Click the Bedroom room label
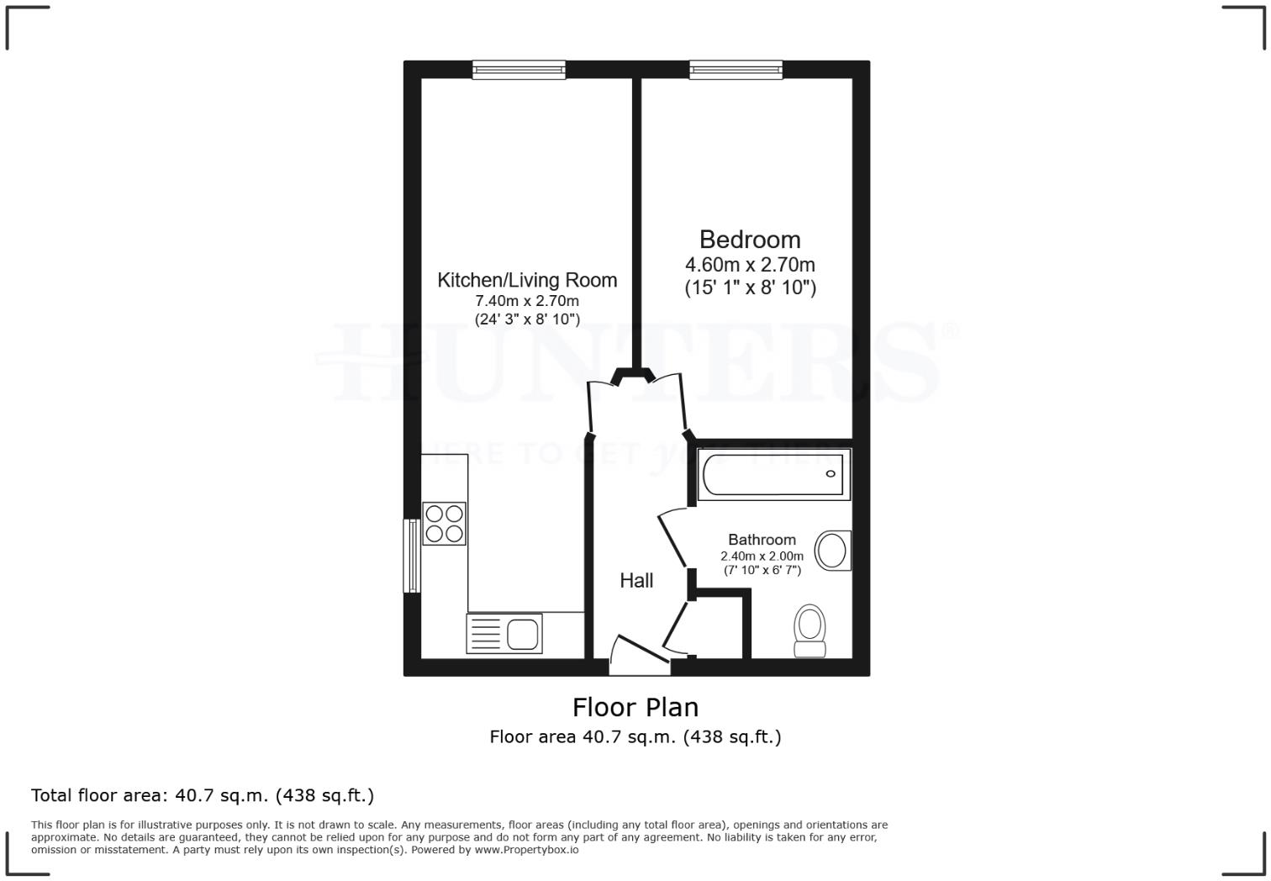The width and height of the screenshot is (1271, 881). click(750, 240)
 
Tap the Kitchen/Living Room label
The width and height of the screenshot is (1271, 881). click(527, 280)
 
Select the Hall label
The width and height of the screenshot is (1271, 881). click(636, 580)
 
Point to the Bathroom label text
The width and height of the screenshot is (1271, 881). click(762, 540)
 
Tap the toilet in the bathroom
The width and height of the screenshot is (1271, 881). click(810, 630)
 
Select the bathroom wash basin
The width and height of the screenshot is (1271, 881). click(833, 551)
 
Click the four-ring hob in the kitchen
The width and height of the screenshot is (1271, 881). click(444, 523)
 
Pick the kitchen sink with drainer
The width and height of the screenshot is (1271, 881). click(504, 633)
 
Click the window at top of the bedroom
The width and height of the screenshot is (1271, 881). click(736, 70)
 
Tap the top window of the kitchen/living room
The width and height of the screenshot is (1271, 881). click(519, 70)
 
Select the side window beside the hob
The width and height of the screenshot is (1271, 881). click(412, 556)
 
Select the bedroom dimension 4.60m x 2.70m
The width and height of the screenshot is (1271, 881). click(750, 265)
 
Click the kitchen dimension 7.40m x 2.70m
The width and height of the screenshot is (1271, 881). click(527, 301)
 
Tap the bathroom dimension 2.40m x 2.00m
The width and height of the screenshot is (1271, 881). click(762, 556)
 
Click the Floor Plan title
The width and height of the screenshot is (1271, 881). click(635, 707)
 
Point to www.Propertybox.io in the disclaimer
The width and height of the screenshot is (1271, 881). click(526, 850)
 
